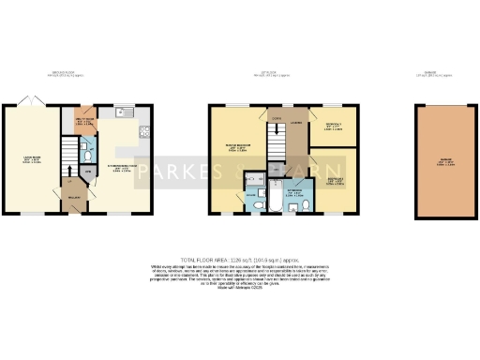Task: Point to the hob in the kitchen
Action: click(142, 131)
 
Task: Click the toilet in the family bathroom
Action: click(293, 206)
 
